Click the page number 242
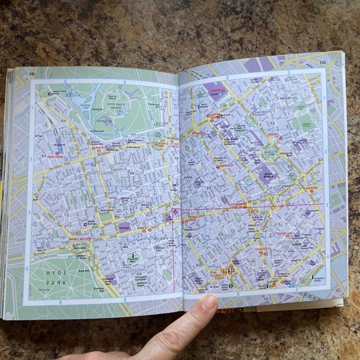[x=32, y=74]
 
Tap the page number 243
[x=323, y=62]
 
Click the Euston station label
[x=217, y=91]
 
